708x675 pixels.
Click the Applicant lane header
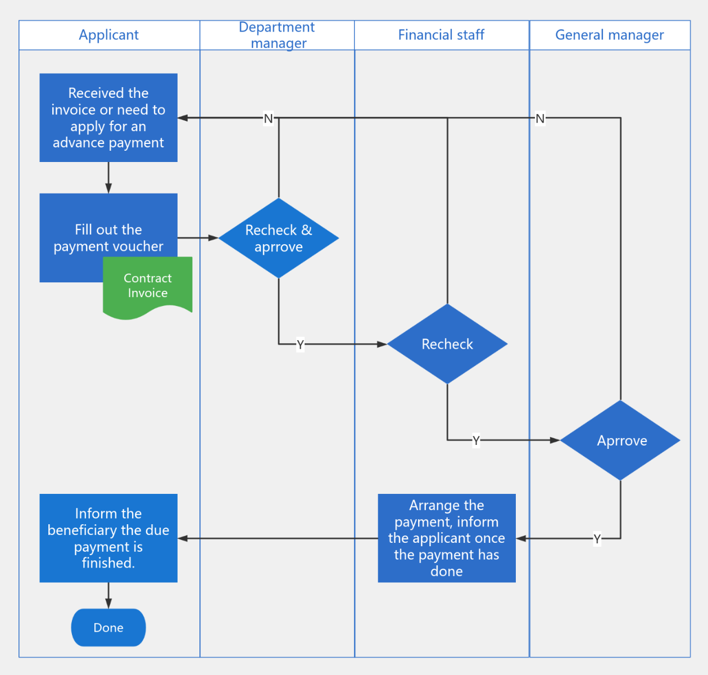108,35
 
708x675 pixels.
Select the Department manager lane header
277,35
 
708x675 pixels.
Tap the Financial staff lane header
441,35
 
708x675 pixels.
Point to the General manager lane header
609,35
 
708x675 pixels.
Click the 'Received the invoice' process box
108,118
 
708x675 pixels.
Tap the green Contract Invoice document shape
148,286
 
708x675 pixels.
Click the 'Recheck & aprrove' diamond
279,238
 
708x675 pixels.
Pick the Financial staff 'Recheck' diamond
447,344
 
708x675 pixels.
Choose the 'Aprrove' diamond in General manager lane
620,440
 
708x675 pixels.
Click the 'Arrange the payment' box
447,538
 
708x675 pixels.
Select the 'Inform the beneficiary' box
108,538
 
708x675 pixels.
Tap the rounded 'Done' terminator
108,628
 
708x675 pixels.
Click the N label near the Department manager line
268,119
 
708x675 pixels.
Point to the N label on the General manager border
540,119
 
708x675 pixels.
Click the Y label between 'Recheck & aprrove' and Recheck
300,344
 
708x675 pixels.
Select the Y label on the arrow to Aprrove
476,440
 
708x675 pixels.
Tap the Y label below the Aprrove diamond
597,539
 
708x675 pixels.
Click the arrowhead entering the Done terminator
108,604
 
